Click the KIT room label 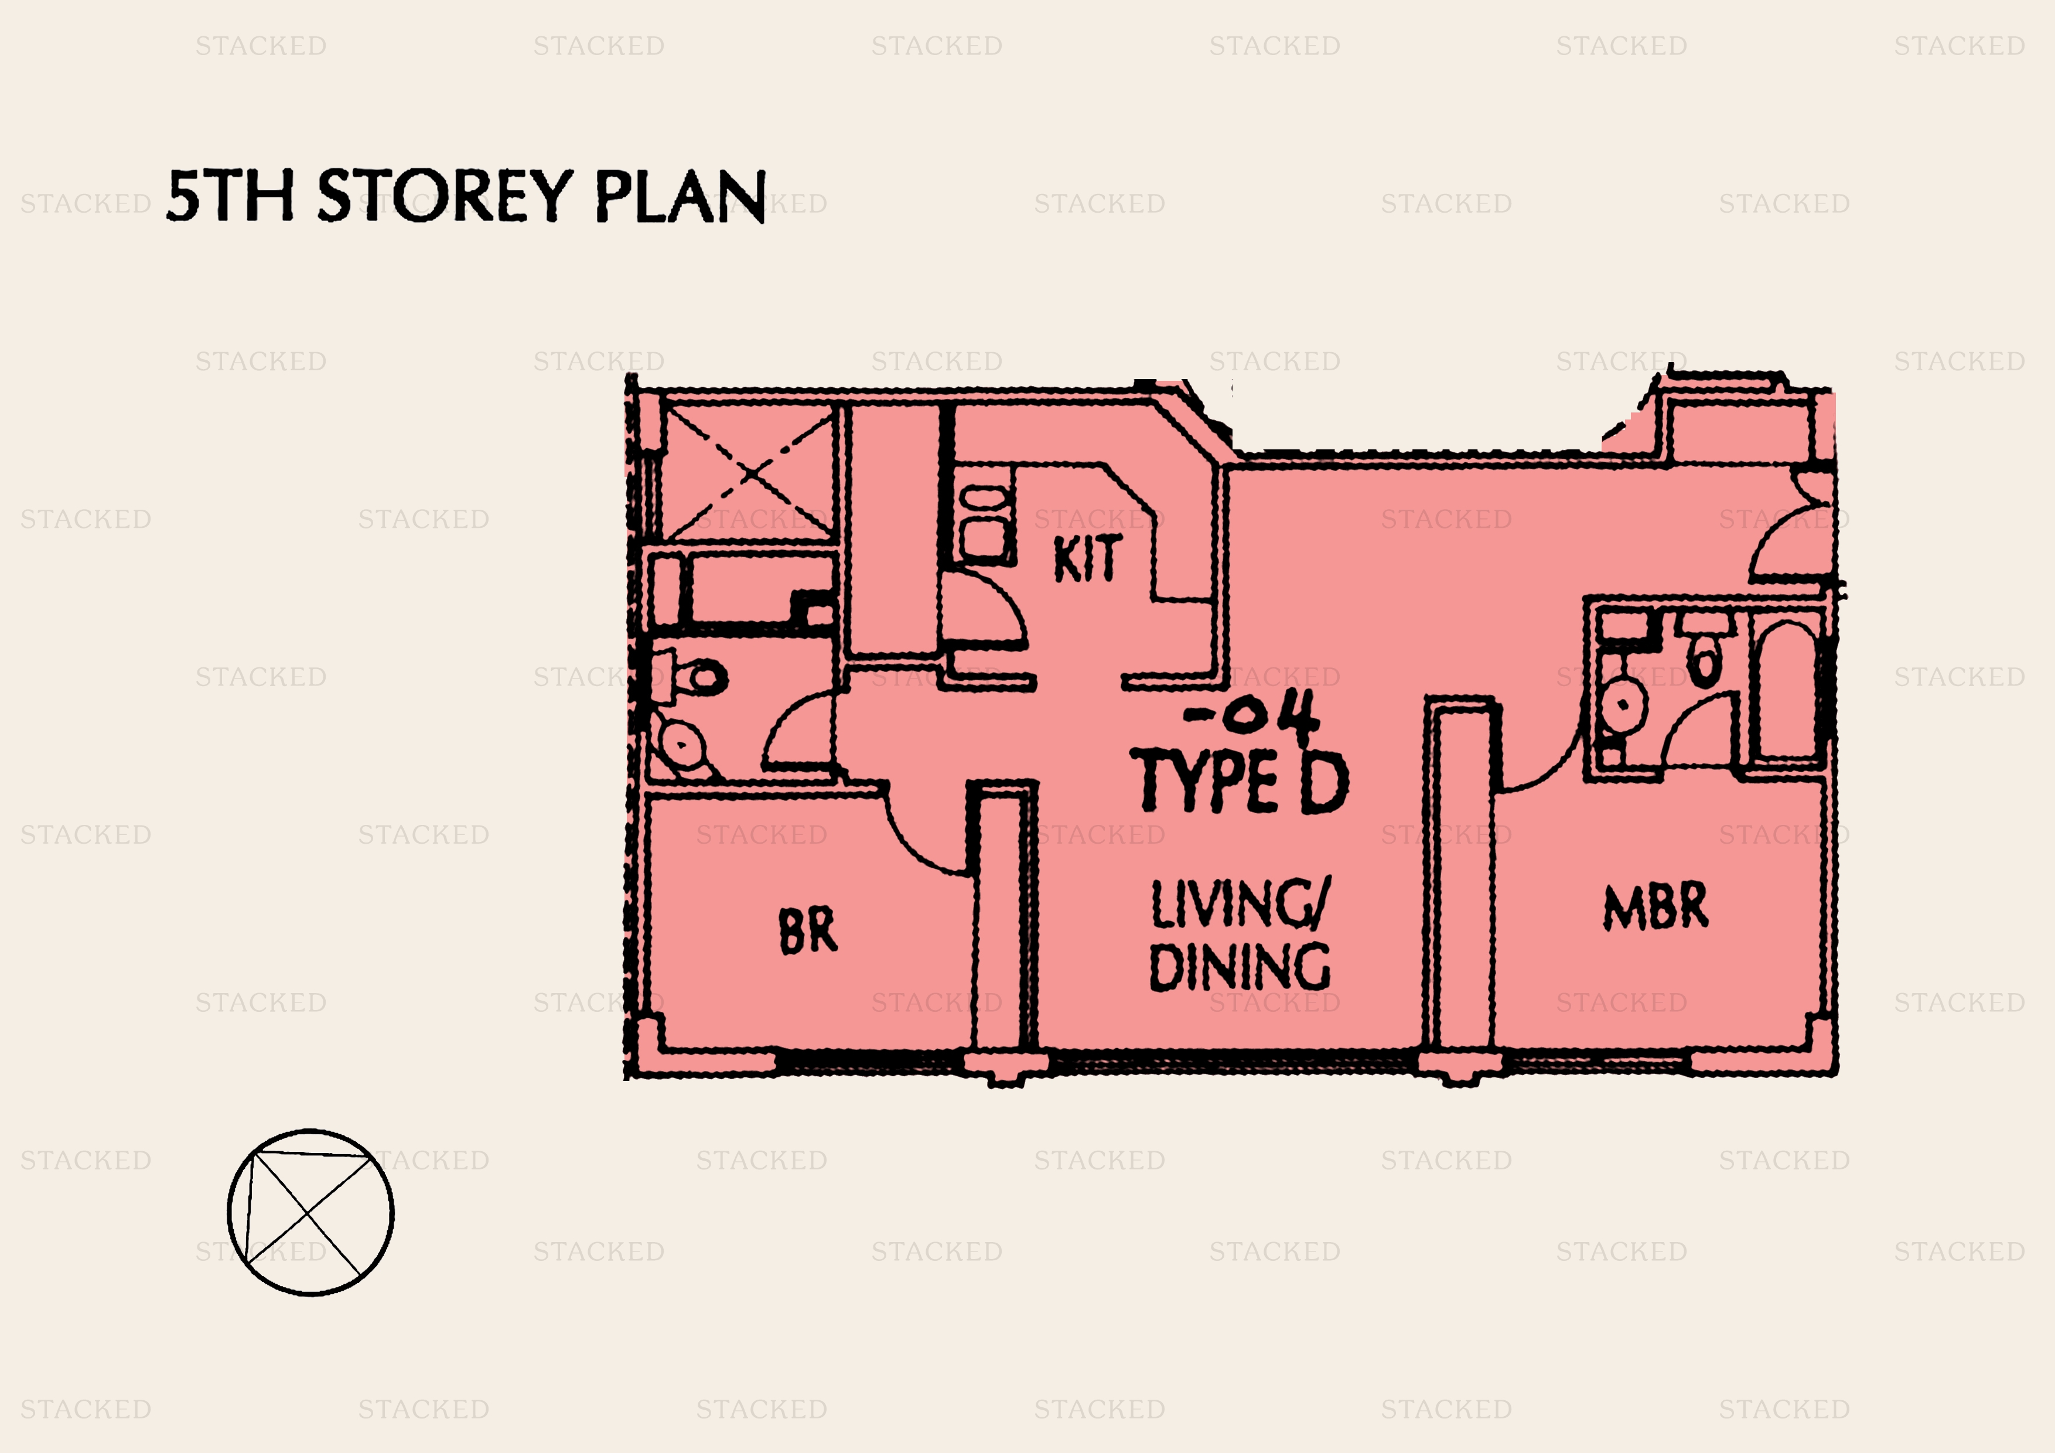[1087, 558]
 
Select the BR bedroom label [807, 931]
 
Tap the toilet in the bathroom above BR [689, 676]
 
